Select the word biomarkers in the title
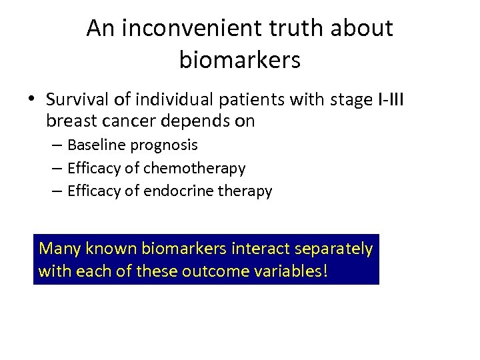click(x=240, y=60)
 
